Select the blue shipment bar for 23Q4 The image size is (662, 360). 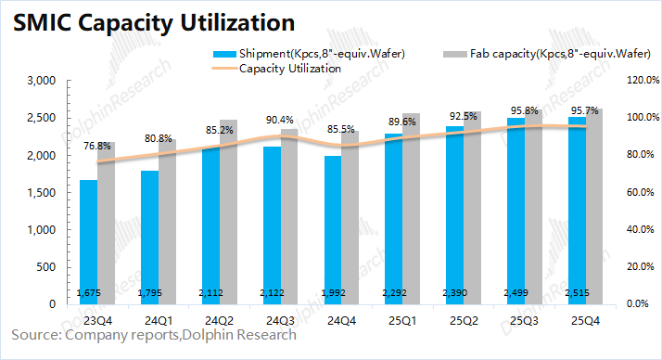[x=88, y=241]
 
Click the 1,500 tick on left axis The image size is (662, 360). [x=43, y=192]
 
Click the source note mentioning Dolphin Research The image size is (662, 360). [x=154, y=335]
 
